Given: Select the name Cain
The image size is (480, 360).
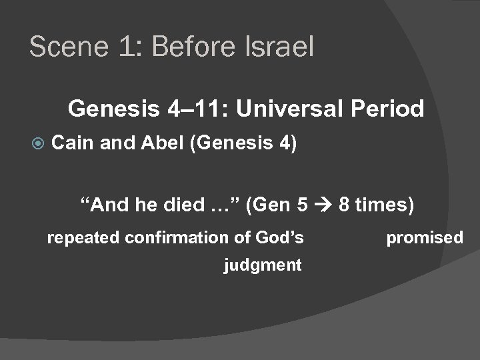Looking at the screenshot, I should (x=72, y=143).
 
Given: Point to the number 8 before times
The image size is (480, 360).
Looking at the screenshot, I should (x=344, y=205).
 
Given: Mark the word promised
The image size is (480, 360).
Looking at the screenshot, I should (x=425, y=237).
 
